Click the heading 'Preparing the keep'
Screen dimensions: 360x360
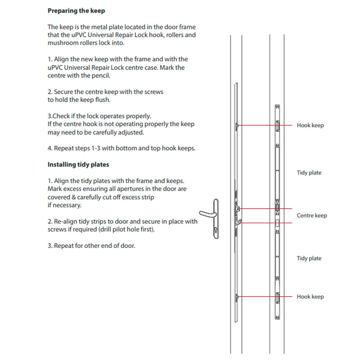click(x=76, y=10)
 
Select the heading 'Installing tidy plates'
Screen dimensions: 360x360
click(x=78, y=165)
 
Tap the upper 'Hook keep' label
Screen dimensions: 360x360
click(x=310, y=126)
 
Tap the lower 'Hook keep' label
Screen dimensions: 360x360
click(x=310, y=297)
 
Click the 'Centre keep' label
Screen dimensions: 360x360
click(x=312, y=216)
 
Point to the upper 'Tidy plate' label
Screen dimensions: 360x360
click(x=309, y=173)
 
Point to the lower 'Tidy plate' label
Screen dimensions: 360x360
click(x=309, y=258)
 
